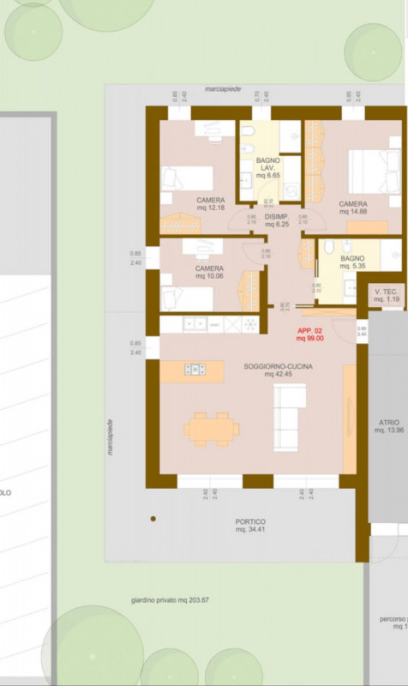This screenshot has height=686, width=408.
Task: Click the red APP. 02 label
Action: tap(309, 334)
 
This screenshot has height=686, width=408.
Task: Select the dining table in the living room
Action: tap(210, 426)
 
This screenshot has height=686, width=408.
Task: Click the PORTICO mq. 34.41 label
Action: tap(250, 526)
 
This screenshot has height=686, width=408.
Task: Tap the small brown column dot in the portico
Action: tap(153, 519)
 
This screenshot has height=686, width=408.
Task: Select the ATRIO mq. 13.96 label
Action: tap(389, 426)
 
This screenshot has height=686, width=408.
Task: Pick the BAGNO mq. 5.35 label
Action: tap(351, 262)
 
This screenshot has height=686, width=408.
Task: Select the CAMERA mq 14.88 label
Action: tap(352, 207)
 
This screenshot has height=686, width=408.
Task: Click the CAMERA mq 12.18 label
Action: tap(210, 203)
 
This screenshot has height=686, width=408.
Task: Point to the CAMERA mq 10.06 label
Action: tap(209, 273)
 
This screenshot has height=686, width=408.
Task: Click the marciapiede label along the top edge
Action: tap(223, 88)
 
